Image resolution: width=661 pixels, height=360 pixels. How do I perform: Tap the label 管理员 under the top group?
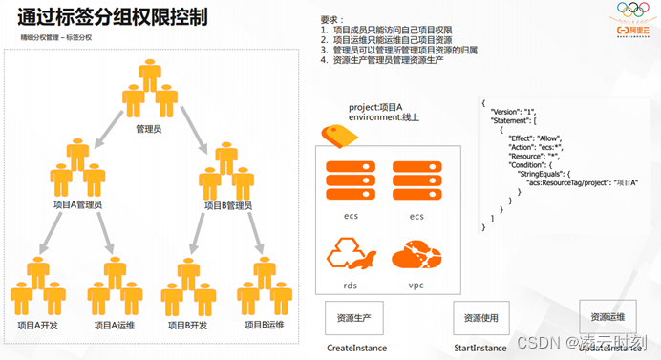148,127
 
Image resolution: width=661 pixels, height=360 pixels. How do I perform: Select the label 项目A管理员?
77,204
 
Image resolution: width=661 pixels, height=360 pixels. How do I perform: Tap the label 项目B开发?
187,325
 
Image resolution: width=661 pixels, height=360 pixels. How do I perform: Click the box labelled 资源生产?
354,317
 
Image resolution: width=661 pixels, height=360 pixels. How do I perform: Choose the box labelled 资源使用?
480,317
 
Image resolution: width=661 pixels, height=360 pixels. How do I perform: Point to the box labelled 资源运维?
608,316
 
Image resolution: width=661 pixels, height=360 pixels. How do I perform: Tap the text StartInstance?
480,349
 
